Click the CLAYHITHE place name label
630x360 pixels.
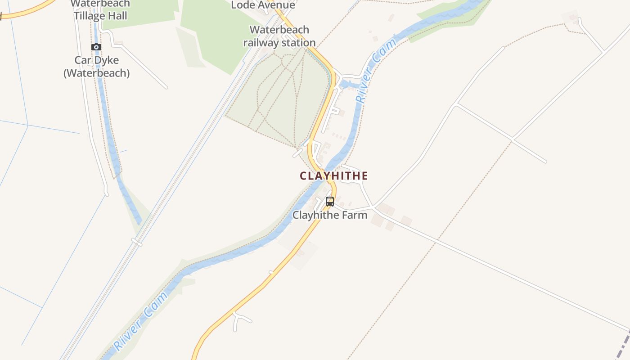click(334, 176)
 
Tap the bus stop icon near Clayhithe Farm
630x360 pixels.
click(330, 202)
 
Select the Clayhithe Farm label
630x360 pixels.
click(330, 215)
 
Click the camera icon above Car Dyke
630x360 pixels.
click(96, 47)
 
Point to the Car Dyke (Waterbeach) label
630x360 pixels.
click(96, 67)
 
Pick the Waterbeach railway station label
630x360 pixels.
click(279, 36)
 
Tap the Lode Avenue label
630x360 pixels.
click(263, 5)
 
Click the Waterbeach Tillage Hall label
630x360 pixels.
click(100, 10)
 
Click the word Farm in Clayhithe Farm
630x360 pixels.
click(355, 215)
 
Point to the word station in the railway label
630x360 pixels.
click(296, 43)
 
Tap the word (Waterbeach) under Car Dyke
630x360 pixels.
click(96, 73)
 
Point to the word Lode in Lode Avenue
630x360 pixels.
click(241, 5)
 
